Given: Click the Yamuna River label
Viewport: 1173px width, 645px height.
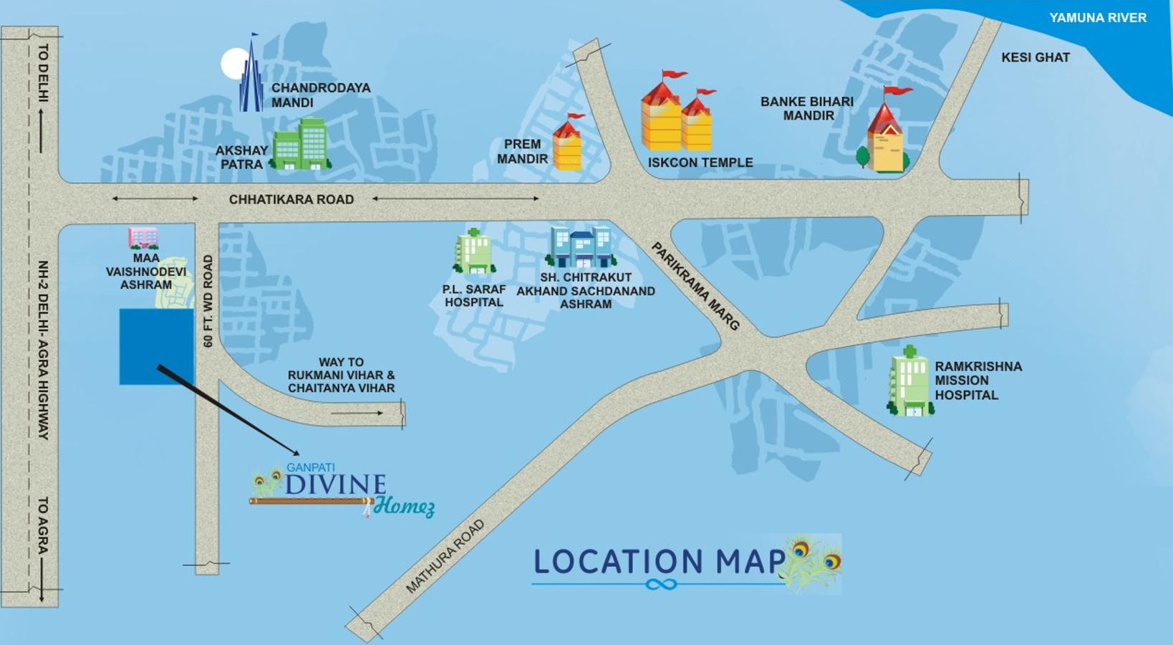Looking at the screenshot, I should click(x=1097, y=18).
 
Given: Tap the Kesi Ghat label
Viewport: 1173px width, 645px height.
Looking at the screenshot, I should click(x=1035, y=57).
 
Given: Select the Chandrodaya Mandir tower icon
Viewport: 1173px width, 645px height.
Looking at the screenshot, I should click(x=251, y=75).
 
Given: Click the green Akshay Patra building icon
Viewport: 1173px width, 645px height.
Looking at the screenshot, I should click(x=301, y=145).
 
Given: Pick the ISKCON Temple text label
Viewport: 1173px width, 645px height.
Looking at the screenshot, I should click(x=700, y=163).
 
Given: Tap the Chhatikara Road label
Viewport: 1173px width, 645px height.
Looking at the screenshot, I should click(x=291, y=199).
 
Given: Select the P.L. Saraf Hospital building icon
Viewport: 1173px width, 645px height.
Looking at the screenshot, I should click(x=473, y=252).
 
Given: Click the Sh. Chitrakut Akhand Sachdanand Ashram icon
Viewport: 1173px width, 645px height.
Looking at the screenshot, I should click(x=581, y=247).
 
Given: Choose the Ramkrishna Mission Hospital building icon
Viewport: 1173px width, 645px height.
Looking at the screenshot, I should click(x=910, y=383).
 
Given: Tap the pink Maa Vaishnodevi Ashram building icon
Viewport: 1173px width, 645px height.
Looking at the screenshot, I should click(x=143, y=238).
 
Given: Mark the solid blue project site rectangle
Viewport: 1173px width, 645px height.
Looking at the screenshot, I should click(x=156, y=347).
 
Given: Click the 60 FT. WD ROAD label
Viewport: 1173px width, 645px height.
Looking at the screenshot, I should click(x=208, y=301).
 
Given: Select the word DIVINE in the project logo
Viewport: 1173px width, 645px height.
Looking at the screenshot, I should click(x=335, y=485).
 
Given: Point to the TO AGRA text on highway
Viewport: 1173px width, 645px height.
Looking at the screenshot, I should click(x=43, y=527).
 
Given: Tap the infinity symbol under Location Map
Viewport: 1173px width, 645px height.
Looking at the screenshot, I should click(x=661, y=585).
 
